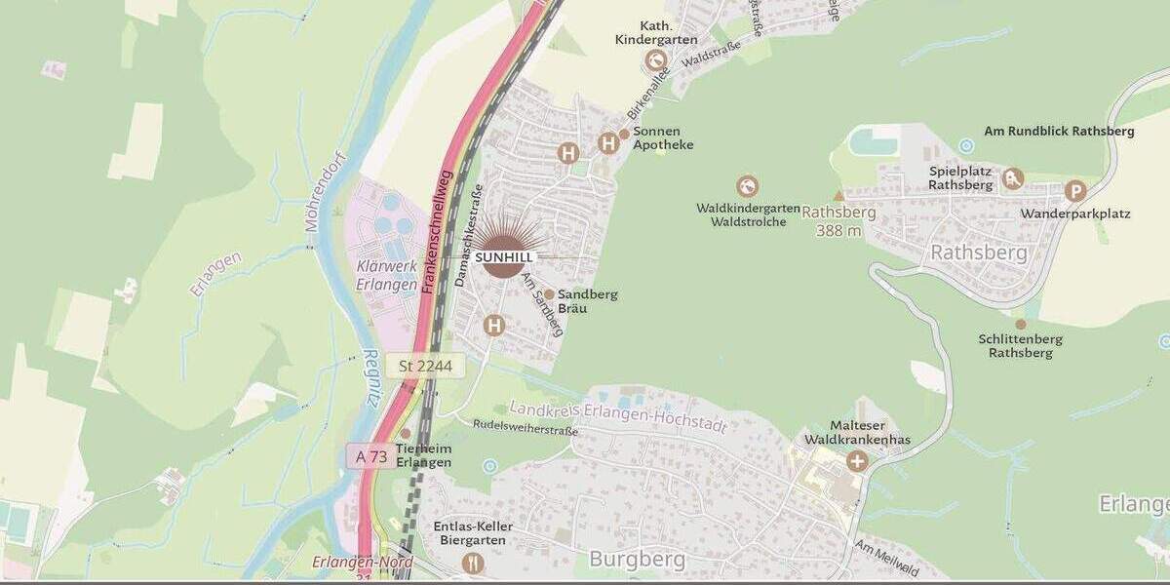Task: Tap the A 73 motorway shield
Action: click(371, 456)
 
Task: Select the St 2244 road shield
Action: click(426, 366)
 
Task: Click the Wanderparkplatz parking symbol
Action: click(1075, 191)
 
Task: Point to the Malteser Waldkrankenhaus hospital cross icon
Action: click(856, 460)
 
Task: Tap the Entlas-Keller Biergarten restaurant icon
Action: click(473, 563)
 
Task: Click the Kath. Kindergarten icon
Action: click(655, 60)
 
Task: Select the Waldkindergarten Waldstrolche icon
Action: click(748, 186)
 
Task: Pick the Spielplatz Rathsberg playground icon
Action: click(1013, 178)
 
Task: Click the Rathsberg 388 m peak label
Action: click(838, 221)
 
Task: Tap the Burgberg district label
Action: click(638, 560)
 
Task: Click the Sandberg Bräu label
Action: click(587, 300)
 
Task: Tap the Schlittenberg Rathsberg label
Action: click(1021, 345)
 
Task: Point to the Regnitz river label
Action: click(371, 378)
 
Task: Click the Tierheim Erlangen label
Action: click(423, 455)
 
